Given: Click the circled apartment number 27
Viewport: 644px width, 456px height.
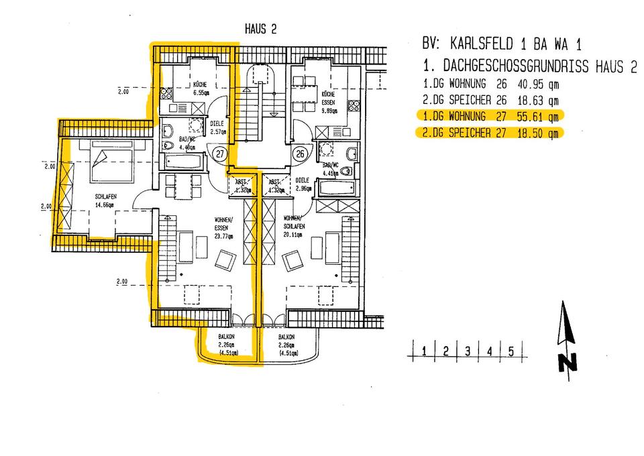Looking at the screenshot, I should point(219,154).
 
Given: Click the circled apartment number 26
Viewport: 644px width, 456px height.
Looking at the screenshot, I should point(301,154).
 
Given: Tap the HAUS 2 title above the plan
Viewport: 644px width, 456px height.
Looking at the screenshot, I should point(260,30).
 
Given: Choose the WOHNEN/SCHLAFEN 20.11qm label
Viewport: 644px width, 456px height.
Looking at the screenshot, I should point(295,227).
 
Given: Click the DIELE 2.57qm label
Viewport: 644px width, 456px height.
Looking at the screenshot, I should point(217,127).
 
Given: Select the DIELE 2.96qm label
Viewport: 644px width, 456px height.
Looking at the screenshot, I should point(303,184).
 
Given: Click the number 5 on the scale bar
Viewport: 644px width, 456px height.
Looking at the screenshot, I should point(511,351).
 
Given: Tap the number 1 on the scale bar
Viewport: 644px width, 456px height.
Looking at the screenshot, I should point(424,351).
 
